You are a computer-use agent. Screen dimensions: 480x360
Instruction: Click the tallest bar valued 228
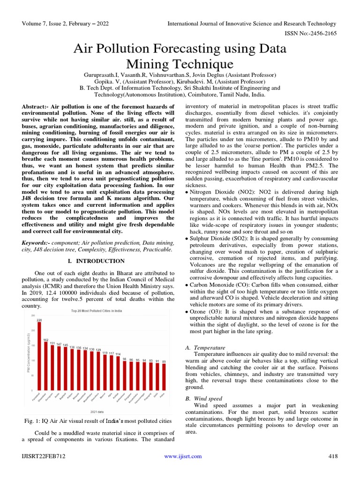(x=39, y=356)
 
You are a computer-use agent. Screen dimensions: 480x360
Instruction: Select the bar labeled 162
(x=46, y=366)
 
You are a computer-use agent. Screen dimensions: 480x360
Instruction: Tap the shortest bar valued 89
(x=164, y=377)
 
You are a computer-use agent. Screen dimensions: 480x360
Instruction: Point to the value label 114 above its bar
(x=118, y=353)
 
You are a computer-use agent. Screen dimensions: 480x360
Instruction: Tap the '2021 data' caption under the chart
(x=97, y=411)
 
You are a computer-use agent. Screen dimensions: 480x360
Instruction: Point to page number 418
(x=332, y=456)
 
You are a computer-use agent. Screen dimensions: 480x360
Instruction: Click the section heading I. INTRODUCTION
(x=97, y=261)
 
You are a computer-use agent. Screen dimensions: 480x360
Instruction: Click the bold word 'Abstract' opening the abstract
(x=35, y=107)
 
